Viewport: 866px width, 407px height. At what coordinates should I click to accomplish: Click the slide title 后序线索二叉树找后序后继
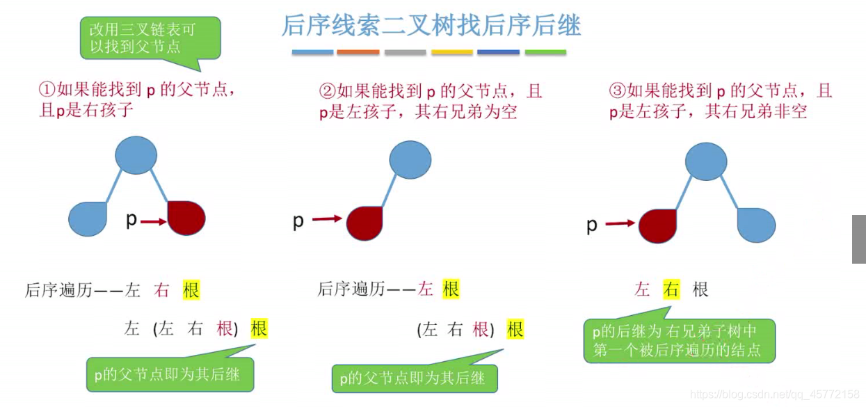coord(431,26)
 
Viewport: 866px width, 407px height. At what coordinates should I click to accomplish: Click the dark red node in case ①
coord(186,218)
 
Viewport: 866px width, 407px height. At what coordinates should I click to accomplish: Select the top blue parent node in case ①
coord(136,155)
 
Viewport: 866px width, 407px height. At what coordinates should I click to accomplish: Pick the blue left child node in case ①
coord(88,218)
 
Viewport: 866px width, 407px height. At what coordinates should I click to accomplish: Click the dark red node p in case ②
coord(364,223)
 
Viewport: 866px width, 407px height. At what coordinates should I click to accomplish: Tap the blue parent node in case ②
coord(410,160)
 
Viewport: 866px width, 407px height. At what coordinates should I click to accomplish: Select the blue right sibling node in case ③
coord(756,224)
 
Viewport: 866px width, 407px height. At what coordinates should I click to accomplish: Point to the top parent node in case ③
coord(706,161)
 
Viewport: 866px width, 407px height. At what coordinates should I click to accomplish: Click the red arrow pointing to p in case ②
coord(327,219)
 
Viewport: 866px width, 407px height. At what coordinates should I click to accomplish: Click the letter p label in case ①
coord(131,220)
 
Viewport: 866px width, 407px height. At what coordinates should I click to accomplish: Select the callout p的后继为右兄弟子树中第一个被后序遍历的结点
coord(679,340)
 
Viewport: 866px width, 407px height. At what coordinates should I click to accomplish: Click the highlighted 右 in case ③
coord(671,289)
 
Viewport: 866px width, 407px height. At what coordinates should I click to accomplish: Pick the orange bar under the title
coord(358,52)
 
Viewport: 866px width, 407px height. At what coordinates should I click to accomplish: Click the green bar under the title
coord(545,52)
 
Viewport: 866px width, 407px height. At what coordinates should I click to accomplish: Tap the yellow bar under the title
coord(452,52)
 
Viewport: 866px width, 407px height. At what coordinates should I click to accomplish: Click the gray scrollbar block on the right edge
coord(859,239)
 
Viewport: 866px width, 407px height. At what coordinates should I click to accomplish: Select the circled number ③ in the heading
coord(617,90)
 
